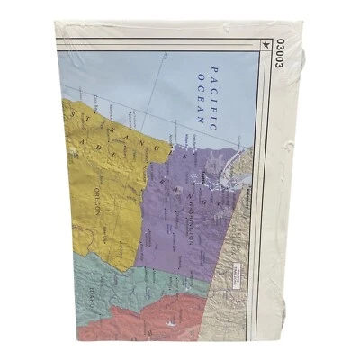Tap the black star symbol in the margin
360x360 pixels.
[266, 40]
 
